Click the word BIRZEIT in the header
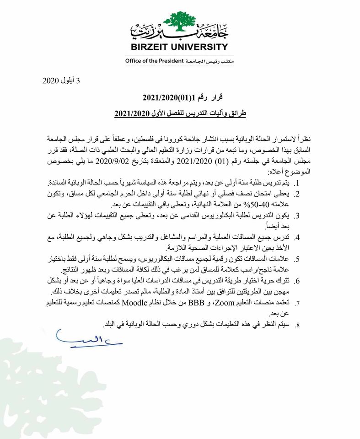(150, 47)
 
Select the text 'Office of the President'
(154, 61)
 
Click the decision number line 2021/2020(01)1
(182, 97)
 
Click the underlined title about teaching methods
(180, 113)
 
